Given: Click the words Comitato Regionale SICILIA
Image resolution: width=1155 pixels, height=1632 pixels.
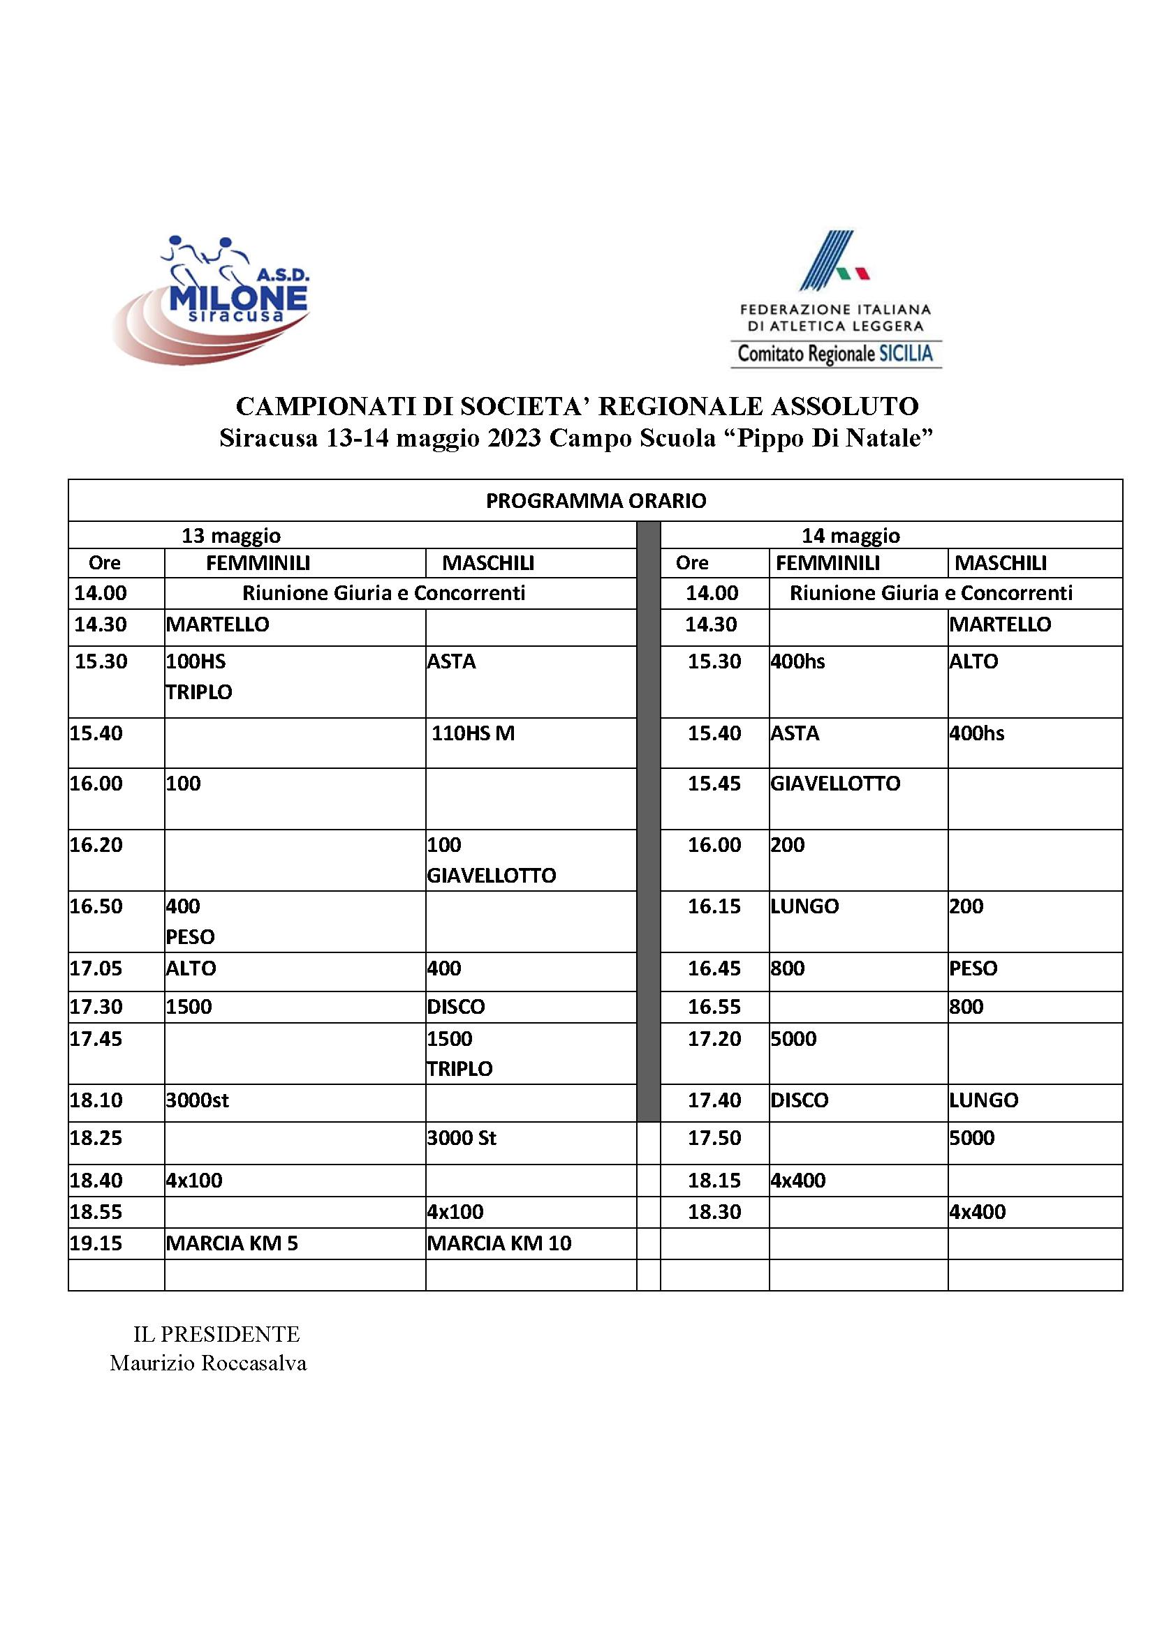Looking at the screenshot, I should coord(835,353).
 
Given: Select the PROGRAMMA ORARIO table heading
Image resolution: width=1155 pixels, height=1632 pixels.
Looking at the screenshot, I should coord(595,501).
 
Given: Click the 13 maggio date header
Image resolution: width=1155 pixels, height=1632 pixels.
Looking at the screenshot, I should coord(230,535).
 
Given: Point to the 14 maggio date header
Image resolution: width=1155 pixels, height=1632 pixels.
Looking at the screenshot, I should coord(851,535).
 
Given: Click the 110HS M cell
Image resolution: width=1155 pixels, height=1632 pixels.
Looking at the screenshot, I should coord(473,733).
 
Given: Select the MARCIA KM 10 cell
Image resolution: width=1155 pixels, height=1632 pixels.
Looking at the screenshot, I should coord(499,1243).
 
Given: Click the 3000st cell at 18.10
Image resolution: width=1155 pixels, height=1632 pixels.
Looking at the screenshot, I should coord(197,1100).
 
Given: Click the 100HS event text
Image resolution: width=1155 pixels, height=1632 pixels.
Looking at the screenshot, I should coord(196,661).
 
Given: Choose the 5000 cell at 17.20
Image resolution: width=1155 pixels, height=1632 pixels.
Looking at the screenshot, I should coord(794,1038).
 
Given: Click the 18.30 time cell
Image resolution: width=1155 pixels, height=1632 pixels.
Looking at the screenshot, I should coord(714,1212).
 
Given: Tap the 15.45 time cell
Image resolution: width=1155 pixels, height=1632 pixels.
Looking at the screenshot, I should coord(714,784).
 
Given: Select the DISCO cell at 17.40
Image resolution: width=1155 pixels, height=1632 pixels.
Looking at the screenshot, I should coord(800,1100).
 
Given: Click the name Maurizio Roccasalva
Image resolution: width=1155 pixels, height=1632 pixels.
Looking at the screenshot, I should coord(207,1363).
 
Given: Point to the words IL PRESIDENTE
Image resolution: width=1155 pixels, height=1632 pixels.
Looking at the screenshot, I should coord(216,1334).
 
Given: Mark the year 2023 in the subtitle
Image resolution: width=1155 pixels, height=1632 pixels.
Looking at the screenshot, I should coord(515,439).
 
